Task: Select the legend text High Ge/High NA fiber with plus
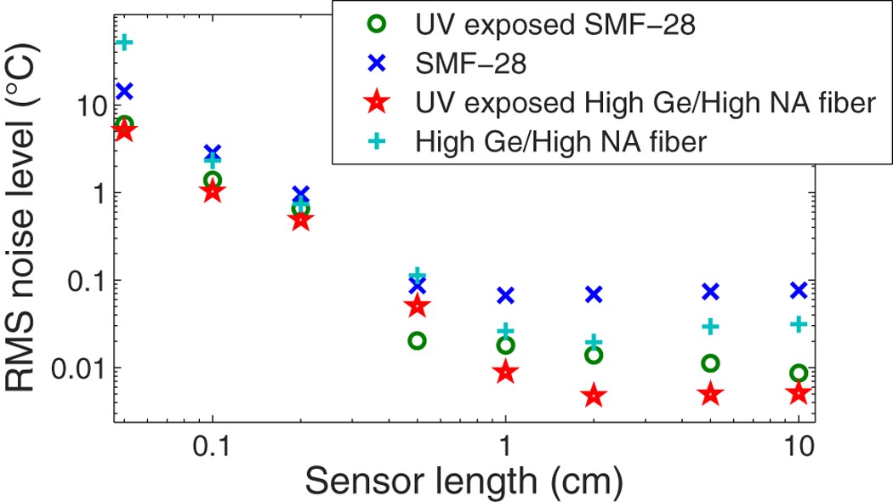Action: pyautogui.click(x=561, y=142)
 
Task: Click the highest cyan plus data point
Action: pyautogui.click(x=125, y=42)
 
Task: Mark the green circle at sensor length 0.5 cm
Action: pyautogui.click(x=417, y=340)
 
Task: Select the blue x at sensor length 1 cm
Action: pyautogui.click(x=505, y=295)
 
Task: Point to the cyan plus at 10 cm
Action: pyautogui.click(x=798, y=323)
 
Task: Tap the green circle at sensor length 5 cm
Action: pyautogui.click(x=710, y=363)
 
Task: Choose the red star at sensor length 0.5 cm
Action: pyautogui.click(x=417, y=306)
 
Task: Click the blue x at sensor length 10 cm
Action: pyautogui.click(x=798, y=290)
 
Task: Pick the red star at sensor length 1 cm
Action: pyautogui.click(x=505, y=372)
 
